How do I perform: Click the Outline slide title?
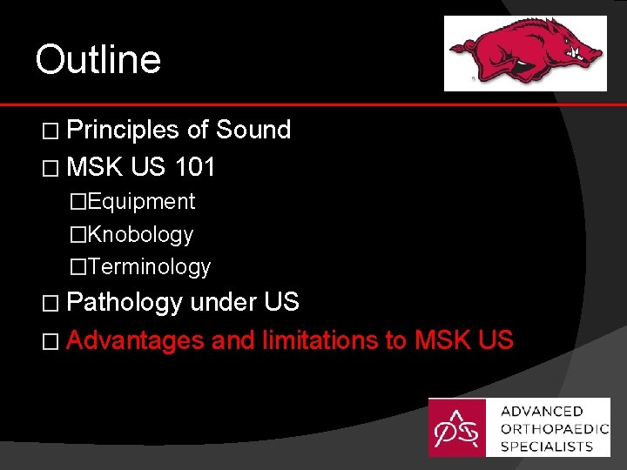coord(98,60)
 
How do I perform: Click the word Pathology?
coord(124,302)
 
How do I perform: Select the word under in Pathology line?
coord(223,302)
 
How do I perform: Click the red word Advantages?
coord(134,340)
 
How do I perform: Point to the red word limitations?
coord(319,340)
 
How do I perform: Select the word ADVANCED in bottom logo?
coord(542,411)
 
